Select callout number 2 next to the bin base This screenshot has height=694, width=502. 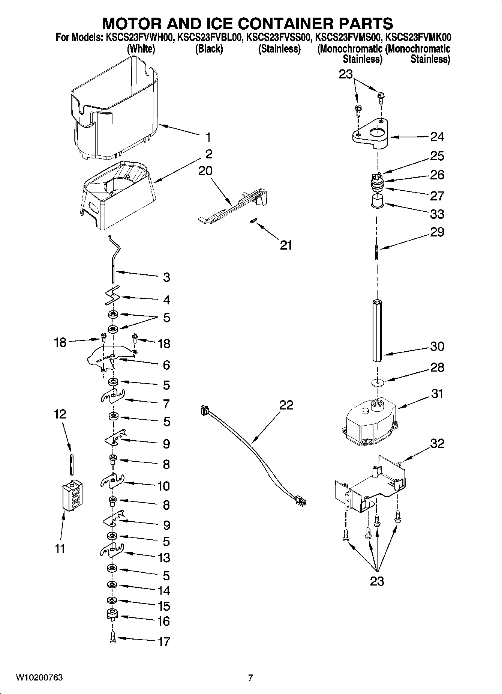pos(209,154)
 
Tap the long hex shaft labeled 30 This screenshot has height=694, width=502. pos(377,330)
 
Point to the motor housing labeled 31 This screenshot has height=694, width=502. pos(369,420)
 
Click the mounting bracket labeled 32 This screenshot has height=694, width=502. pos(369,484)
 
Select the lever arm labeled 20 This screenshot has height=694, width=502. pos(232,206)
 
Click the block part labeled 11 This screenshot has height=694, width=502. pos(72,495)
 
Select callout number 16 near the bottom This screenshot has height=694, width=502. pos(164,621)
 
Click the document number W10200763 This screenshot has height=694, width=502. pos(39,677)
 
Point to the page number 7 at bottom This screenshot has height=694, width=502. pos(250,677)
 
